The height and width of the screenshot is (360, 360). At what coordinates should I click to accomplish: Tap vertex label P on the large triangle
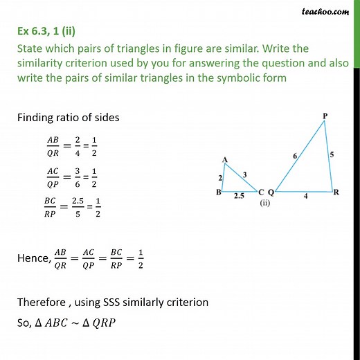pyautogui.click(x=325, y=114)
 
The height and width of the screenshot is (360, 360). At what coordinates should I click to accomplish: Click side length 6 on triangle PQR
pyautogui.click(x=296, y=156)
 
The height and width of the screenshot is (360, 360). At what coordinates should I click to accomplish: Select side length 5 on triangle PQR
pyautogui.click(x=333, y=155)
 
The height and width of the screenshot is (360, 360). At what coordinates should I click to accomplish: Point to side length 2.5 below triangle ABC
pyautogui.click(x=237, y=197)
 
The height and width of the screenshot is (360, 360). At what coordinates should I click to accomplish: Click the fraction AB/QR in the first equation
pyautogui.click(x=53, y=143)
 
